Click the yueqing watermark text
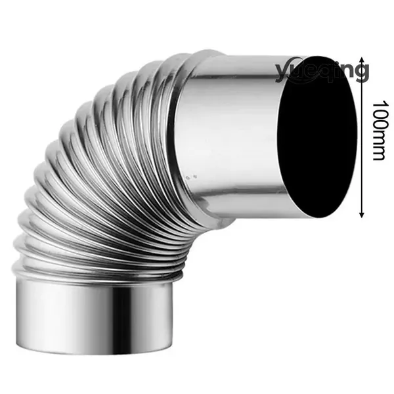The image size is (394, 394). (322, 70)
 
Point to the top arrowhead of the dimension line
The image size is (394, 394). (362, 60)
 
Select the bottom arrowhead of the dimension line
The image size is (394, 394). (362, 214)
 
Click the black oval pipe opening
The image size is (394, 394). (317, 137)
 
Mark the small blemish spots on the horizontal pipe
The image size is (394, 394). (191, 177)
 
